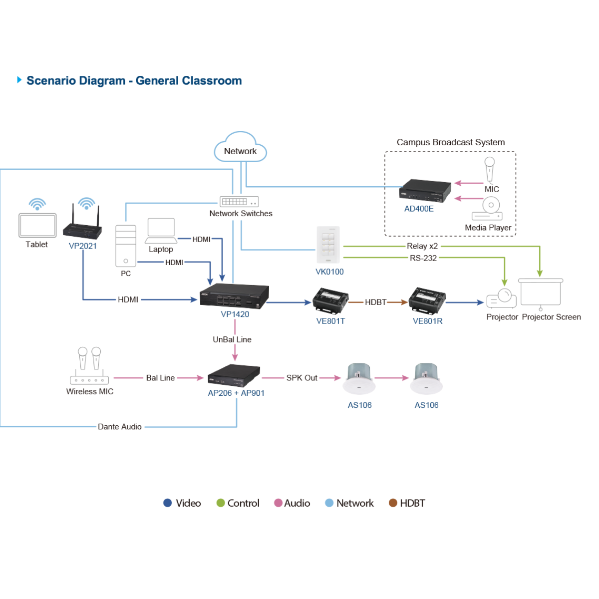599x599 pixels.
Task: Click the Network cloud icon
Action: coord(240,147)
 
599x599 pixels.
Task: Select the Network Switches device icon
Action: coord(239,202)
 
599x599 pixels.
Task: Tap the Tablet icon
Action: coord(37,225)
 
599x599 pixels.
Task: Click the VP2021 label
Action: coord(83,246)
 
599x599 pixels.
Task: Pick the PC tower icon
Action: coord(126,246)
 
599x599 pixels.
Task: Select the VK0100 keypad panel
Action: coord(328,245)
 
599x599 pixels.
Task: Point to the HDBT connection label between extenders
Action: coord(375,302)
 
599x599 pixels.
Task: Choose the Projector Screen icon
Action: coord(541,294)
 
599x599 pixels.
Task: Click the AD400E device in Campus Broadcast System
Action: coord(425,190)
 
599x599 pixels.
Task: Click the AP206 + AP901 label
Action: coord(236,393)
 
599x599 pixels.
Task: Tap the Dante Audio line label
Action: coord(120,427)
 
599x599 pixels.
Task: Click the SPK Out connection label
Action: coord(301,378)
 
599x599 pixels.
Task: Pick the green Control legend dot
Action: coord(221,503)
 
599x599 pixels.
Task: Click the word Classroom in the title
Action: coord(212,80)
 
